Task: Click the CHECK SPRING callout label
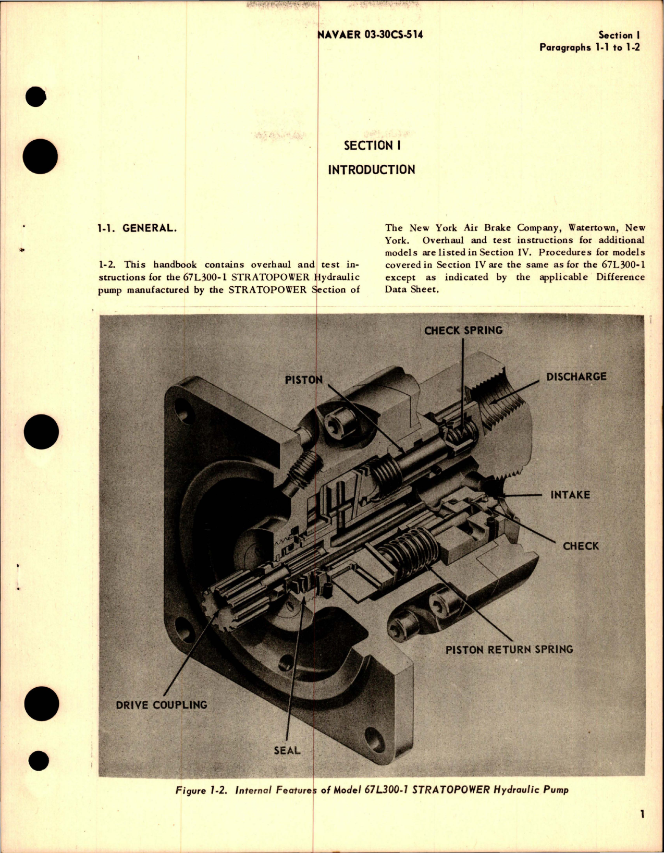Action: (x=463, y=331)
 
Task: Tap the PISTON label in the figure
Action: (x=304, y=380)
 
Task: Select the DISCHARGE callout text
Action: (x=576, y=376)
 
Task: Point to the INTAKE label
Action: (x=570, y=495)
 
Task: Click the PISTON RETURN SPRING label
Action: (x=509, y=650)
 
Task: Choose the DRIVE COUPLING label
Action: (x=162, y=705)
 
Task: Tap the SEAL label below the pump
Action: (x=287, y=750)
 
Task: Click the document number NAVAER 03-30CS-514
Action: (x=370, y=35)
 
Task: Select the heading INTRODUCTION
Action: (x=371, y=170)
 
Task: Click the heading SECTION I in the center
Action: (x=372, y=145)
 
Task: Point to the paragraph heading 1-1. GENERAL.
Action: (x=137, y=228)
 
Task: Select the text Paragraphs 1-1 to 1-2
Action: (x=589, y=47)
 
